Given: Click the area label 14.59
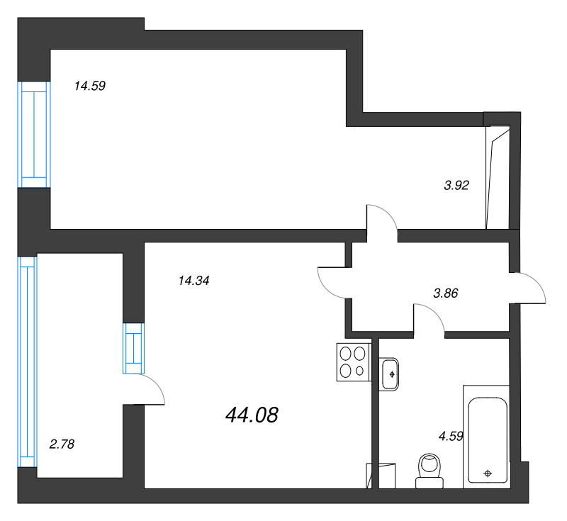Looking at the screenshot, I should click(x=90, y=86).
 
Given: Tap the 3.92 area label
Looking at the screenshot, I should click(x=457, y=186).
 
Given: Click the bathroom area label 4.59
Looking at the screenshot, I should click(x=451, y=437).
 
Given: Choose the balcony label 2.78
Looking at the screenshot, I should click(x=62, y=444).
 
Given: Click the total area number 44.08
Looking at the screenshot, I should click(x=252, y=415).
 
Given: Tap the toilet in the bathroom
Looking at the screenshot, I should click(x=428, y=471).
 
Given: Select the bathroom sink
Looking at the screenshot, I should click(x=391, y=374).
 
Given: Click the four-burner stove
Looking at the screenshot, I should click(x=353, y=360).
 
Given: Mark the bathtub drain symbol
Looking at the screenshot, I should click(x=487, y=473).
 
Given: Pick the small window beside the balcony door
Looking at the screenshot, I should click(x=133, y=348).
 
